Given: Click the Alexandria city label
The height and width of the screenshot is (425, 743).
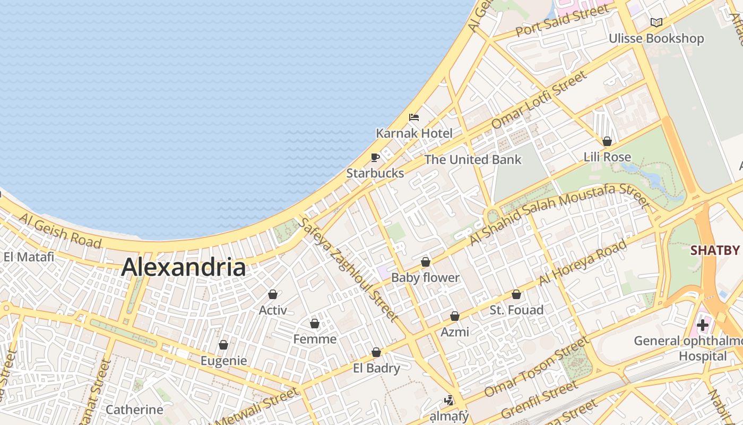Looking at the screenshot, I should [183, 267].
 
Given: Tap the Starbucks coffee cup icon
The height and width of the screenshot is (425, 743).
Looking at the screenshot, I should [375, 157].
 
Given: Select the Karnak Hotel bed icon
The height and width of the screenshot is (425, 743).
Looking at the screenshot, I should [414, 117].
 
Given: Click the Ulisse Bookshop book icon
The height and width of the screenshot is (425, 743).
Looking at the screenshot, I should [656, 22].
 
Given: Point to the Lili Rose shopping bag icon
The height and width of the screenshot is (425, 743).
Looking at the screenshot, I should [607, 141].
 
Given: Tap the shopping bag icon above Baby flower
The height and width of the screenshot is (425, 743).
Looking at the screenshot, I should [425, 262].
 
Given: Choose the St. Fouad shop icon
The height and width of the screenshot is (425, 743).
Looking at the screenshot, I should [516, 294].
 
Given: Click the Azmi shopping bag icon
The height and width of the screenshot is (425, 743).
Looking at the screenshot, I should [455, 316].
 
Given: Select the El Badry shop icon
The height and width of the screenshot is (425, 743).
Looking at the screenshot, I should [376, 352].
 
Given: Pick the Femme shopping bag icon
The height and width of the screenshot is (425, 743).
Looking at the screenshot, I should [315, 324].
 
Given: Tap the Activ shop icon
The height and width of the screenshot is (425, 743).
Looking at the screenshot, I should [273, 294].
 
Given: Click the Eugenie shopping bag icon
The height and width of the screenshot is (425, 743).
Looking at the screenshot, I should [223, 345].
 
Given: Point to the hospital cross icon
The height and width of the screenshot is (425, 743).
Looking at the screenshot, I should [703, 325].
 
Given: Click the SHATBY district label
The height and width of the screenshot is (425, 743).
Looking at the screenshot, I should [715, 251].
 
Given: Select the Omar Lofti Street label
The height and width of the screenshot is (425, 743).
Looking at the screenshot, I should [539, 99].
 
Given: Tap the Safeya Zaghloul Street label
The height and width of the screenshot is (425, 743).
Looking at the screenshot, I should [348, 270].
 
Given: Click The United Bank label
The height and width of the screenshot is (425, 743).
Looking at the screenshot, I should [473, 159].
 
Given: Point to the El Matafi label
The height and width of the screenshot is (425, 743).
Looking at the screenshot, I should [29, 257].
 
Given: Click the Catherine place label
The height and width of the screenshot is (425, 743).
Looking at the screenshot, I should [134, 410].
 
